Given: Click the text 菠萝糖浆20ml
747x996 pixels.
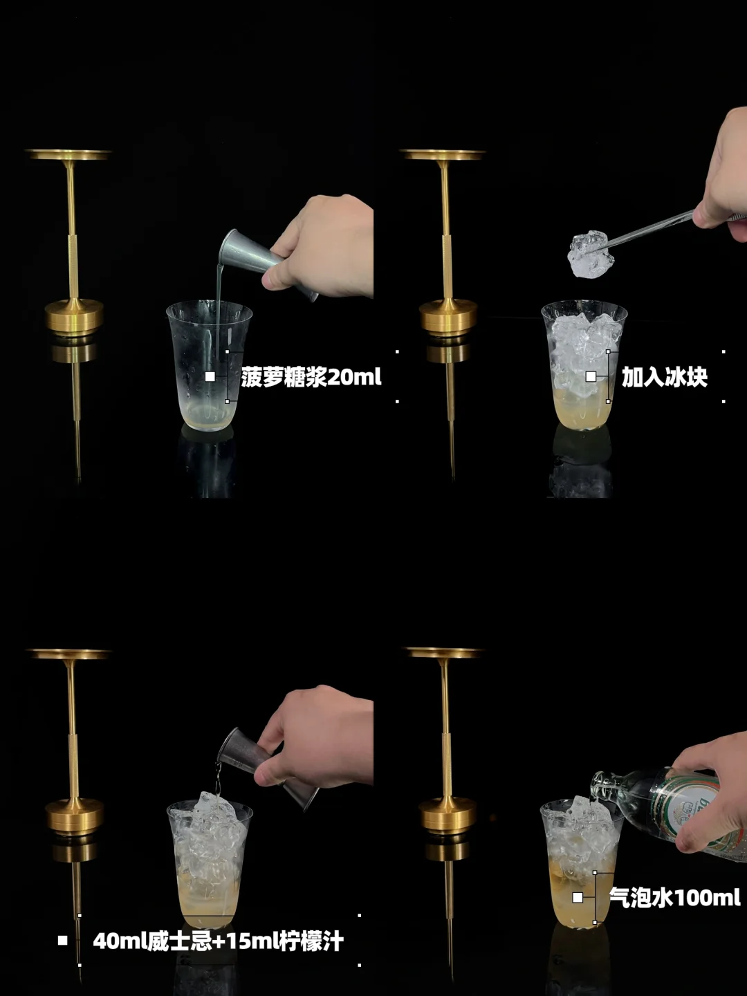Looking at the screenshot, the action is click(311, 377).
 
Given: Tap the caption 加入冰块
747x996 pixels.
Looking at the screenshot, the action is click(665, 377).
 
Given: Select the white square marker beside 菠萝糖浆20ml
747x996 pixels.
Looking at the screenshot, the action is click(210, 377).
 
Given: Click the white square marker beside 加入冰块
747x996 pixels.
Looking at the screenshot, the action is click(591, 377).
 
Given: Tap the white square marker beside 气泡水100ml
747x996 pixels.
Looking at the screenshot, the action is click(578, 897).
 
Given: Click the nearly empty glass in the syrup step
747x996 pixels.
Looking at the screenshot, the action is click(209, 365).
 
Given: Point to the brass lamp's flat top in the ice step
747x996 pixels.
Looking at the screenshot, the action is click(443, 155).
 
